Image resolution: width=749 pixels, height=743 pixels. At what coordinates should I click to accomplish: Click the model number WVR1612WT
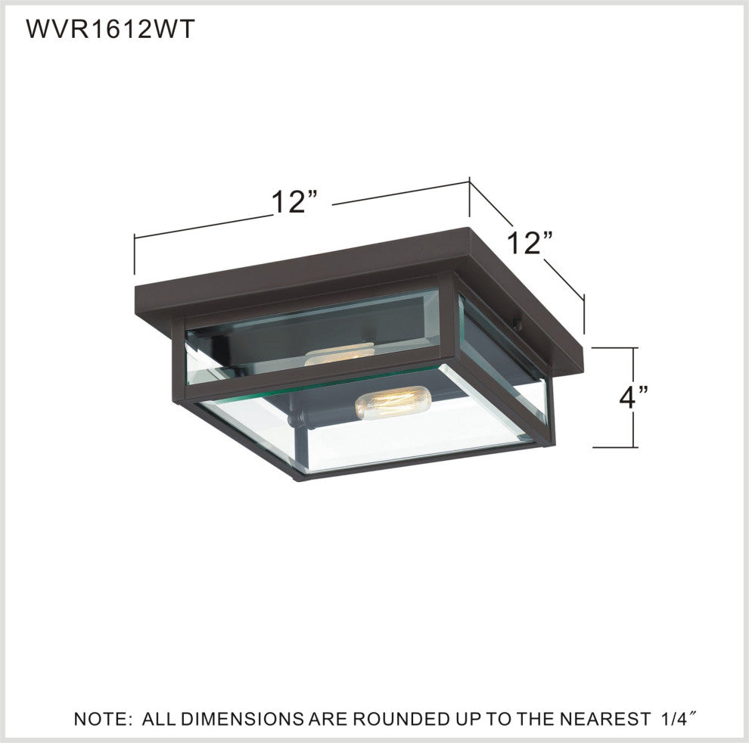pos(111,30)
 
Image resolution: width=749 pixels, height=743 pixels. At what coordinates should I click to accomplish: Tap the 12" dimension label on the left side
pos(293,202)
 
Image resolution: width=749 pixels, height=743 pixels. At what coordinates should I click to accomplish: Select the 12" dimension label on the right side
pos(530,243)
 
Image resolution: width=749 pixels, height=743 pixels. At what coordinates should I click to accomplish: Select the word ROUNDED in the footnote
pos(389,718)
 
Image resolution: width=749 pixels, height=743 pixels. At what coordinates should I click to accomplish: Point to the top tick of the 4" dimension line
pos(614,348)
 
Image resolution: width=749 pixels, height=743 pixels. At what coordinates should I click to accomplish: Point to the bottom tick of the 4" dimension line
pos(614,447)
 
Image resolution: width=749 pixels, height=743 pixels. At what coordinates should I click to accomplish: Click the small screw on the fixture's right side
pos(517,327)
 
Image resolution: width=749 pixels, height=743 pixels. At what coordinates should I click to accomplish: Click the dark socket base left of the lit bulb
pos(303,415)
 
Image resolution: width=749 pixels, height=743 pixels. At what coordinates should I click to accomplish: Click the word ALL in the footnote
pos(160,718)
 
